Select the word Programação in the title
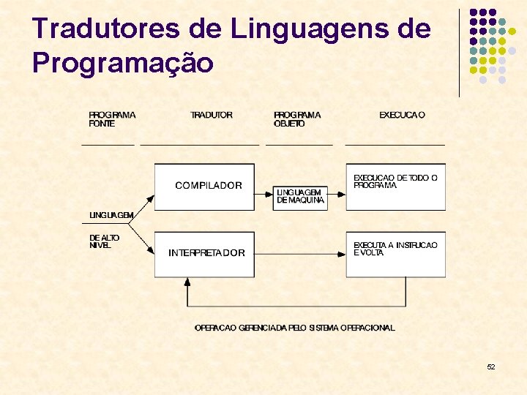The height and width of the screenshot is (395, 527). pyautogui.click(x=123, y=63)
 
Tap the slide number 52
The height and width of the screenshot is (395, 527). pyautogui.click(x=491, y=366)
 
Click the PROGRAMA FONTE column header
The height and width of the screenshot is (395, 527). pyautogui.click(x=112, y=119)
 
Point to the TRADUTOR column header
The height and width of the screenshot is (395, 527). pyautogui.click(x=212, y=115)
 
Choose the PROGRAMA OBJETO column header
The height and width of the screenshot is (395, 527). pyautogui.click(x=297, y=119)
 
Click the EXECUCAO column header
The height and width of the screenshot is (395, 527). pyautogui.click(x=402, y=115)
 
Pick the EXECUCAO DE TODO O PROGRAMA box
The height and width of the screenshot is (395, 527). pyautogui.click(x=395, y=186)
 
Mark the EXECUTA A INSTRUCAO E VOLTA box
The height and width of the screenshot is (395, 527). pyautogui.click(x=395, y=253)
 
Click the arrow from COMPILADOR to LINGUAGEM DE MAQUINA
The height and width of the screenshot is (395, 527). pyautogui.click(x=264, y=194)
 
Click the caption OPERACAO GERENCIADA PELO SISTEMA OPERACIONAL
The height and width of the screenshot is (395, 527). pyautogui.click(x=294, y=328)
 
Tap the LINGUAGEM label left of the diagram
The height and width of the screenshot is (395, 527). pyautogui.click(x=111, y=215)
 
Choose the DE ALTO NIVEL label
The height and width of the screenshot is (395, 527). pyautogui.click(x=104, y=241)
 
